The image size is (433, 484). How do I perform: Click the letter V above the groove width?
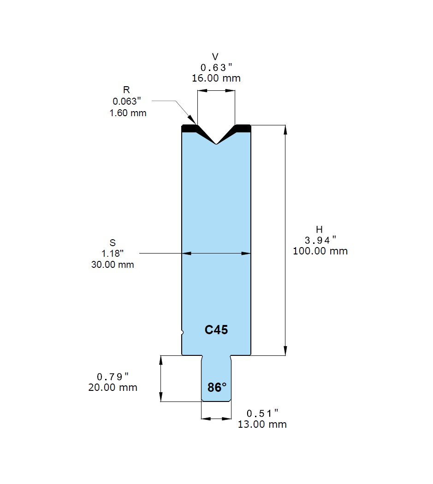pos(215,57)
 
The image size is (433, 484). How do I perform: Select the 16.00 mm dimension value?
pos(216,78)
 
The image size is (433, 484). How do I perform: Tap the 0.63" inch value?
pos(216,67)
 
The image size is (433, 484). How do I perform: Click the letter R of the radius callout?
pos(126,90)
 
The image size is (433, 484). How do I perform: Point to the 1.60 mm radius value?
pos(128,112)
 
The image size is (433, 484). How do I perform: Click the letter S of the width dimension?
pos(113,242)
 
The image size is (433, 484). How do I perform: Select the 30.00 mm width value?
pos(113,265)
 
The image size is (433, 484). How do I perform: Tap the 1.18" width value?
pos(113,254)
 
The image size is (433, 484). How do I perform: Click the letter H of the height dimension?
pos(320,229)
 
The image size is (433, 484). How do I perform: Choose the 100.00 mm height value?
pos(320,251)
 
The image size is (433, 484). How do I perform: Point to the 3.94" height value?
pos(320,240)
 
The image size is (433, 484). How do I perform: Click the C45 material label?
pos(216,330)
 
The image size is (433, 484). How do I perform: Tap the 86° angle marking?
pos(216,388)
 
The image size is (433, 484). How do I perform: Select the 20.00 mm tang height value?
pos(113,388)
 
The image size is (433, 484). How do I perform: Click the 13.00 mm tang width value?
pos(262,424)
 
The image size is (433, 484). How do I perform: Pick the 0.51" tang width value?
pos(262,413)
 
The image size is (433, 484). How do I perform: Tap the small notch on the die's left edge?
pos(182,332)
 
